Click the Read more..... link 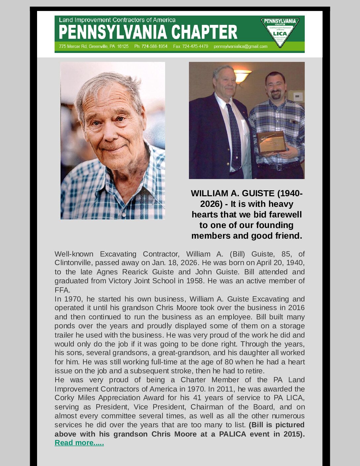79,443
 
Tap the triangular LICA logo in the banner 280,32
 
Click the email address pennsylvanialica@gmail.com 241,46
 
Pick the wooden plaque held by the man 271,142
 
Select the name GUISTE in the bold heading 258,193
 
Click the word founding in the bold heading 274,225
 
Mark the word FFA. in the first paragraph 62,290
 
